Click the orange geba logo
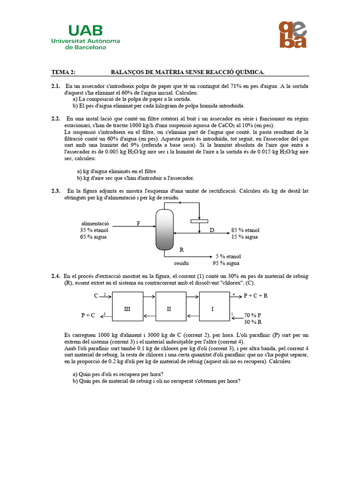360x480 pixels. click(292, 34)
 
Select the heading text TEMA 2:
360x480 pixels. click(63, 72)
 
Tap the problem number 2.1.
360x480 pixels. click(56, 86)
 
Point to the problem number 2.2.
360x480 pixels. click(56, 119)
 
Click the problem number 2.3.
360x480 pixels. click(56, 191)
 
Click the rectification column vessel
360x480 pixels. click(164, 230)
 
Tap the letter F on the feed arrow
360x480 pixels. click(138, 223)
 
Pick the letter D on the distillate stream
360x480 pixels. click(211, 230)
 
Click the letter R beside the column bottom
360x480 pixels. click(181, 250)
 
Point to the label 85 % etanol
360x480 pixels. click(245, 230)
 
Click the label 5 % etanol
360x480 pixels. click(228, 256)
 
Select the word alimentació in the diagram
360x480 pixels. click(95, 224)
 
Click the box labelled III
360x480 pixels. click(127, 309)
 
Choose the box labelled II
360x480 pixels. click(171, 309)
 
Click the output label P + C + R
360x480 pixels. click(255, 296)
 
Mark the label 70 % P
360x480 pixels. click(252, 315)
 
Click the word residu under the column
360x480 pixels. click(182, 263)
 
